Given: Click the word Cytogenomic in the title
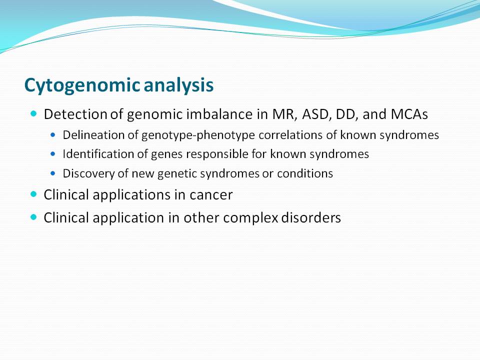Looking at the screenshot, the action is [x=82, y=85].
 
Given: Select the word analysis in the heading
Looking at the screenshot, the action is [x=178, y=85].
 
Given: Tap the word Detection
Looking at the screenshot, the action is [x=75, y=114].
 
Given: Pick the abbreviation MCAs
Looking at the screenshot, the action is [x=409, y=114].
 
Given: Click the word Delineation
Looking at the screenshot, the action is [x=93, y=135].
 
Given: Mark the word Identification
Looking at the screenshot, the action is [x=97, y=154].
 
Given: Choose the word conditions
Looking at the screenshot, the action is [x=305, y=173].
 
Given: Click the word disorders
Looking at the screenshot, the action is [x=311, y=218].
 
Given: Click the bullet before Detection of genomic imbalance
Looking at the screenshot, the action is [x=33, y=114].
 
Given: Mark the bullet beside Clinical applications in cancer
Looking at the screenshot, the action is [x=33, y=194].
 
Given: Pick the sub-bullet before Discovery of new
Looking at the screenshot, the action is [x=53, y=173].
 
